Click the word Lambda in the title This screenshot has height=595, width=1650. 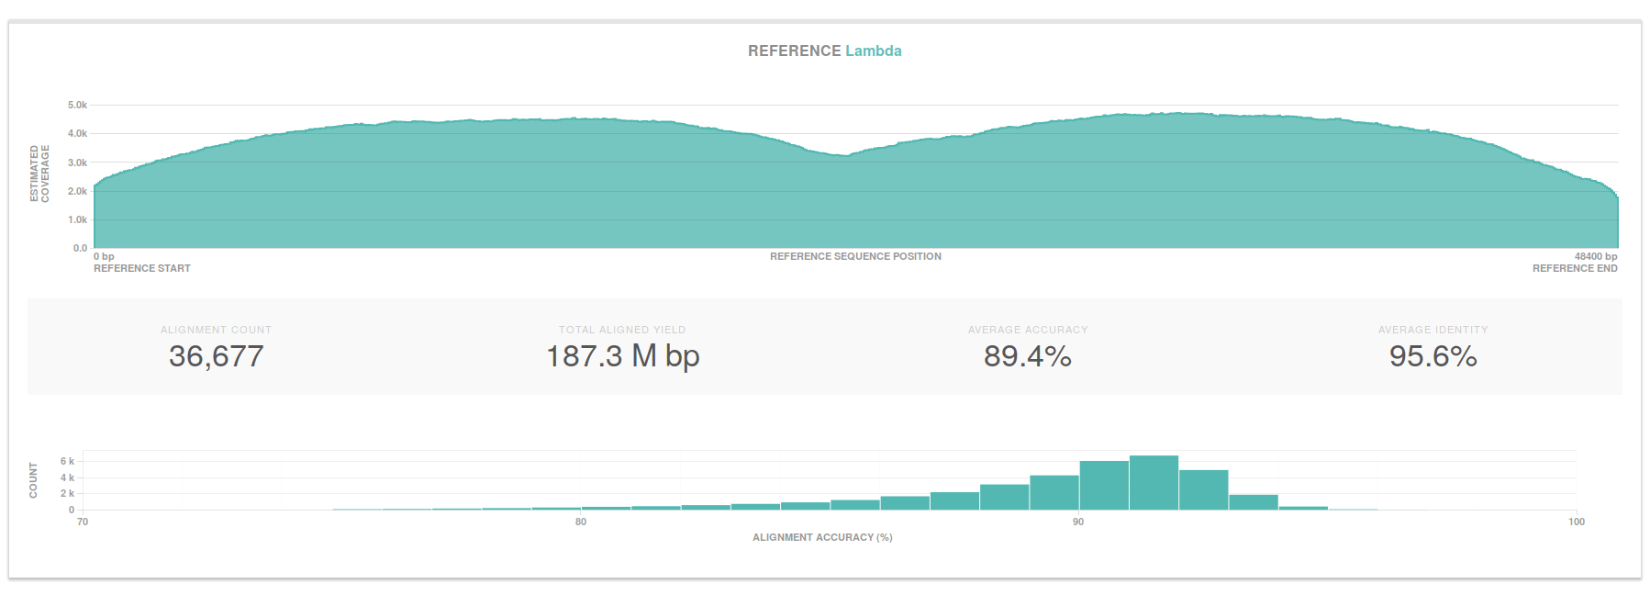click(873, 51)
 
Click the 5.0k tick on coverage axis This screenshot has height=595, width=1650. click(77, 106)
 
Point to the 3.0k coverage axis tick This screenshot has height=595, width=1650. click(77, 163)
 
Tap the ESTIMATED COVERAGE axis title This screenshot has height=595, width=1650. click(39, 174)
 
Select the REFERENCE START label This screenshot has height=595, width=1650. click(142, 268)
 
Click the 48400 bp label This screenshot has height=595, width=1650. click(1596, 256)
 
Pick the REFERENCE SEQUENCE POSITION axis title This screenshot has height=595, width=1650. click(855, 256)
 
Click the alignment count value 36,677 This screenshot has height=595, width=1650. click(216, 356)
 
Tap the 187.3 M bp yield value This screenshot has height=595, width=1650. click(622, 356)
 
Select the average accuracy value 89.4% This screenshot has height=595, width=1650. click(1027, 356)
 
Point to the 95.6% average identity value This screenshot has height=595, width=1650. click(1433, 356)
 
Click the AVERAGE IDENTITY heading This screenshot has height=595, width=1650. click(1433, 330)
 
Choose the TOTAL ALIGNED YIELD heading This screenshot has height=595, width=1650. click(622, 330)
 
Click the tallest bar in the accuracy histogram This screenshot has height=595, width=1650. click(1154, 482)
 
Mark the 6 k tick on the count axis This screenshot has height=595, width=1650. click(67, 461)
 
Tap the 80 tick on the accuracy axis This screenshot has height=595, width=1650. click(581, 522)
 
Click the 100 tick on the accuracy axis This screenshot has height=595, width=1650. click(1576, 522)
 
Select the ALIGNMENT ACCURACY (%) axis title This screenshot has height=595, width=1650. click(822, 537)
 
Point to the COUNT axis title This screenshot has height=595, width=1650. click(34, 480)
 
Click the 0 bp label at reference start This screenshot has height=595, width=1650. click(104, 256)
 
